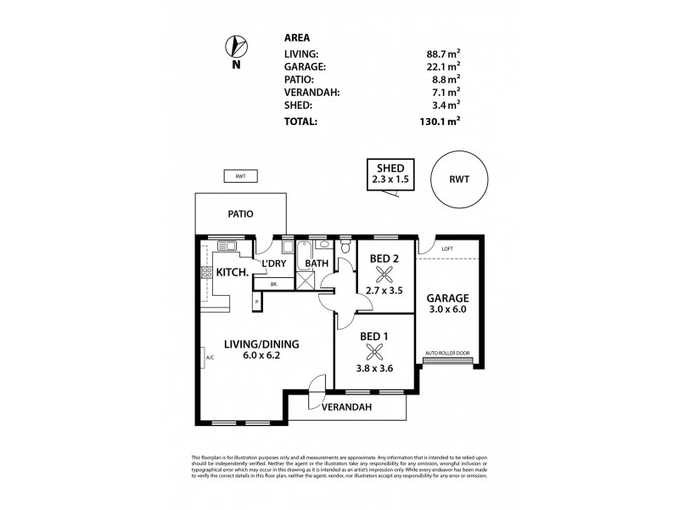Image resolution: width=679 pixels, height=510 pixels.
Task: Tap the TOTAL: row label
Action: click(302, 122)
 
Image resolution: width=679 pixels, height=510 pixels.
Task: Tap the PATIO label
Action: click(241, 214)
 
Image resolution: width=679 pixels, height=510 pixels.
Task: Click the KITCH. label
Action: click(232, 273)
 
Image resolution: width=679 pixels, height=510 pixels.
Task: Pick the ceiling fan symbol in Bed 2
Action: click(384, 273)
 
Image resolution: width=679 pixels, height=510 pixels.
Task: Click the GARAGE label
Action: click(449, 298)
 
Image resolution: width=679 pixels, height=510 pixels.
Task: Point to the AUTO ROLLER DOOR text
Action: click(446, 351)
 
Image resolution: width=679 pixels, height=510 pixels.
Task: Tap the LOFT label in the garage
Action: click(447, 248)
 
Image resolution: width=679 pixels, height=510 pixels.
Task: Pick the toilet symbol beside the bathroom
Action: click(344, 247)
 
